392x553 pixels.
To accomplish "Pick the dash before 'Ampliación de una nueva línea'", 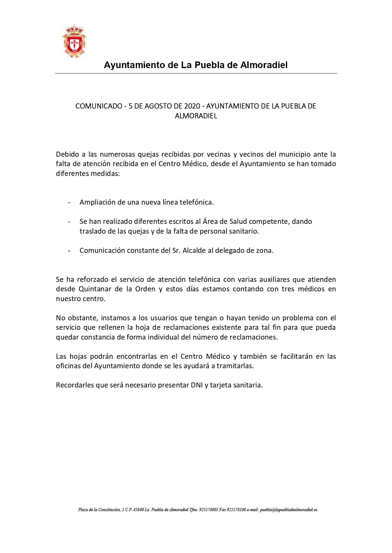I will click(69, 202).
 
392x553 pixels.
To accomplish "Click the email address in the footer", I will click(288, 510).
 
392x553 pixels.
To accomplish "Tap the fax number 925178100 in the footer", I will click(236, 510).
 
